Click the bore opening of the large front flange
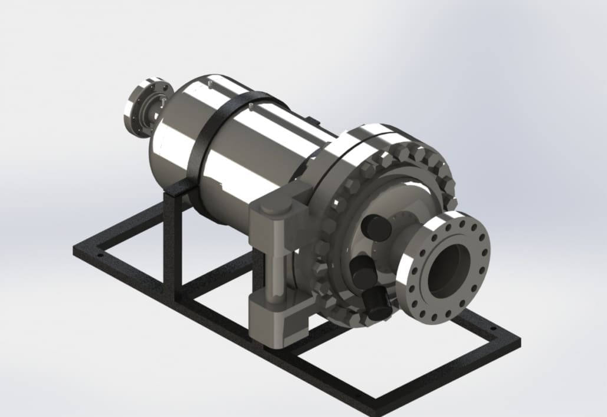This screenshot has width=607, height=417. (x=447, y=270)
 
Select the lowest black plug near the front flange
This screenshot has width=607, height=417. (x=377, y=303)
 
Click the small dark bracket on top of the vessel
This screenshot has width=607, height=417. (x=314, y=121)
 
